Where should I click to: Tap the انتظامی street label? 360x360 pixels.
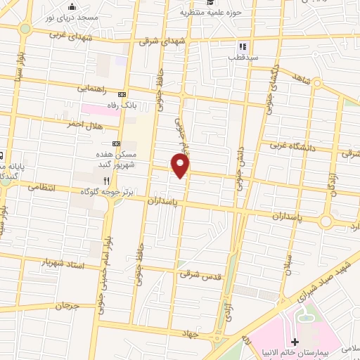(41, 188)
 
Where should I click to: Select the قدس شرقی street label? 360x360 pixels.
(200, 275)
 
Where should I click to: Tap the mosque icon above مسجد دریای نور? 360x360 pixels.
(71, 7)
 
